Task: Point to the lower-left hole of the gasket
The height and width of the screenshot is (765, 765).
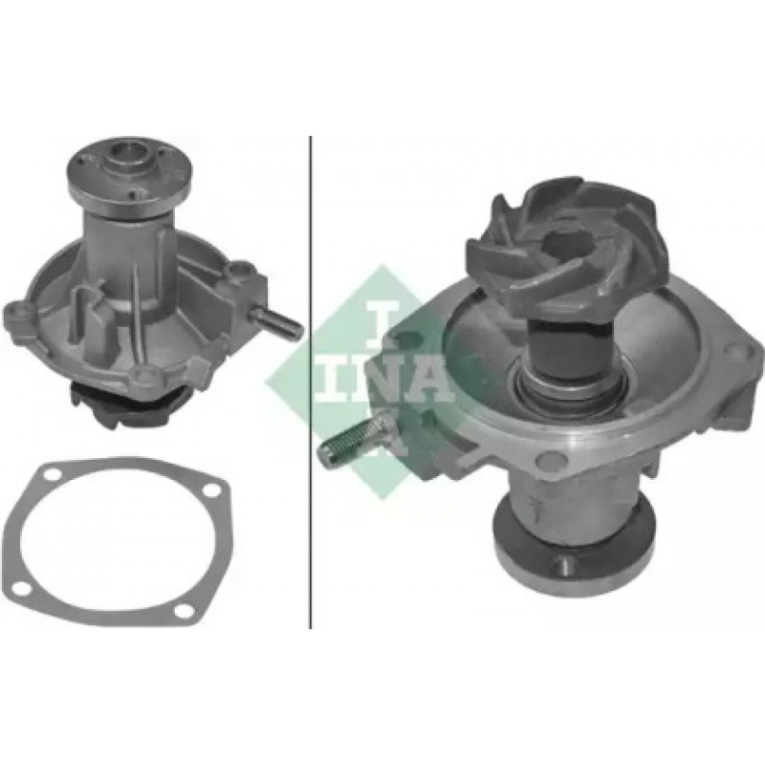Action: tap(20, 588)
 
